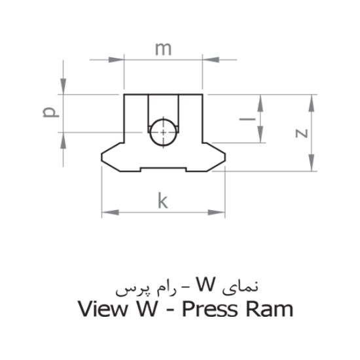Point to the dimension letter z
pos(300,132)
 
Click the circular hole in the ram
pos(162,132)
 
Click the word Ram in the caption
pos(270,308)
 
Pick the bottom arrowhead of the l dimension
pos(261,137)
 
